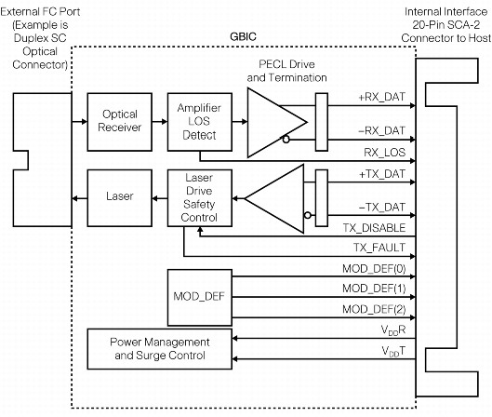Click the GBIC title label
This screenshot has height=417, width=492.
(243, 36)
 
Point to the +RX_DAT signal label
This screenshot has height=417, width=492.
(382, 97)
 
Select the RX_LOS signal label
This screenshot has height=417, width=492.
(385, 153)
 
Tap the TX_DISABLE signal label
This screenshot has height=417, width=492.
(374, 228)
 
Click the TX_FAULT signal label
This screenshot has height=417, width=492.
(379, 248)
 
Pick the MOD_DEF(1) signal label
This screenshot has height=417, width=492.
(374, 289)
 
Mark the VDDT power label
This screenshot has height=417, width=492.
(393, 351)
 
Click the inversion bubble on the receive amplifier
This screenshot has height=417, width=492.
(286, 139)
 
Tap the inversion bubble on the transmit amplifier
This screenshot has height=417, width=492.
(308, 215)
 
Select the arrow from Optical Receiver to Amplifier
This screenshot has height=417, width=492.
(160, 122)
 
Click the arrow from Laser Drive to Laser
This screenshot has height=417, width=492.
(160, 198)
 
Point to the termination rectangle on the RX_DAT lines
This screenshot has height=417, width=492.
(322, 122)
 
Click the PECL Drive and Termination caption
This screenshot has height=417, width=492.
(286, 71)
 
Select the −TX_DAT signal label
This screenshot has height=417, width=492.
(382, 208)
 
